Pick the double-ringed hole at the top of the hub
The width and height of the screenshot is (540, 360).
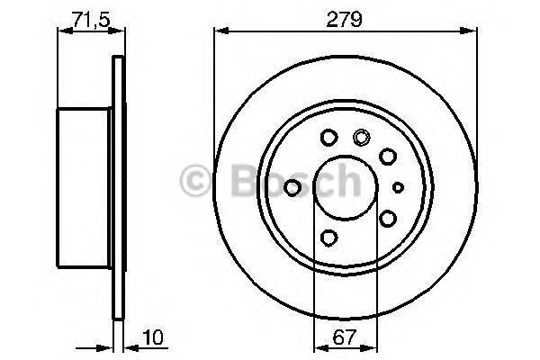[362, 138]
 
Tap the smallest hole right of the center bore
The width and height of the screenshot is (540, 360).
[399, 187]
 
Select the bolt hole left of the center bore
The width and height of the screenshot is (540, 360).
[292, 187]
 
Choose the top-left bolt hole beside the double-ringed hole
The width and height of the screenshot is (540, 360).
[328, 138]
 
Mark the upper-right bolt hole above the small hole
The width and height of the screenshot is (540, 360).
[388, 157]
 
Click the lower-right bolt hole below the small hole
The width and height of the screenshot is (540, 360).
[388, 218]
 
